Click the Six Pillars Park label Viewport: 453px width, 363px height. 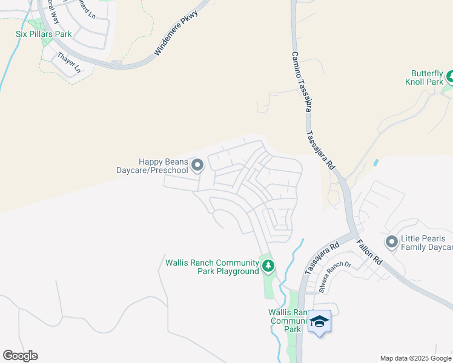(x=44, y=34)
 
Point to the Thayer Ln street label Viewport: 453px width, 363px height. (x=68, y=63)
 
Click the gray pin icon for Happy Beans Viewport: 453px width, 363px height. (x=197, y=165)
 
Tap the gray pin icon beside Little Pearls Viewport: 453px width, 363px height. (x=392, y=243)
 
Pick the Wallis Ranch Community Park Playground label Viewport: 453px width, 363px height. (x=212, y=267)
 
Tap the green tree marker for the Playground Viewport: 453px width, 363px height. (x=268, y=266)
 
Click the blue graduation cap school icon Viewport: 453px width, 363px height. (x=320, y=321)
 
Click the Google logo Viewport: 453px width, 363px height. (x=20, y=356)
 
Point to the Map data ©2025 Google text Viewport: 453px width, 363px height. (x=415, y=358)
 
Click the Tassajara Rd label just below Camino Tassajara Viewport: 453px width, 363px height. (x=320, y=149)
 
